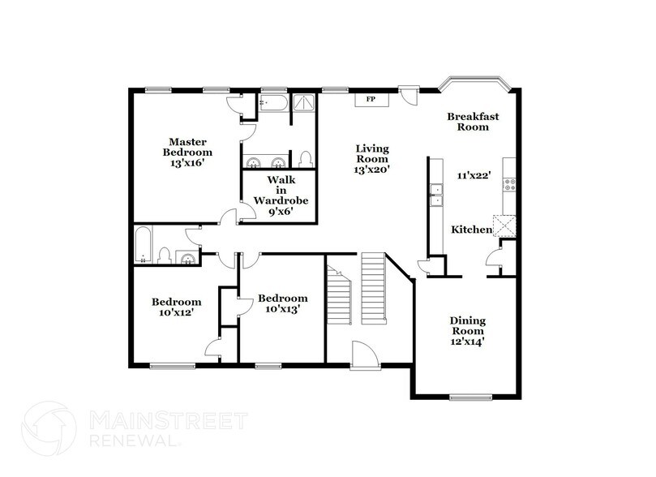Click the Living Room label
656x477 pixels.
(x=373, y=154)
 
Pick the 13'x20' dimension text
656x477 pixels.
(x=373, y=170)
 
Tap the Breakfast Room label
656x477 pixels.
(x=473, y=122)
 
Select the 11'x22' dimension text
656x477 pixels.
(x=472, y=175)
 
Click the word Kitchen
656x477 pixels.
(x=471, y=230)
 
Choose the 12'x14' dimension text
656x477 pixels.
(x=468, y=342)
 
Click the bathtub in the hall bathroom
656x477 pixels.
(x=143, y=245)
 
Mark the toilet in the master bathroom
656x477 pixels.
(x=305, y=157)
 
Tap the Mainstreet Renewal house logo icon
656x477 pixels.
(x=50, y=428)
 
